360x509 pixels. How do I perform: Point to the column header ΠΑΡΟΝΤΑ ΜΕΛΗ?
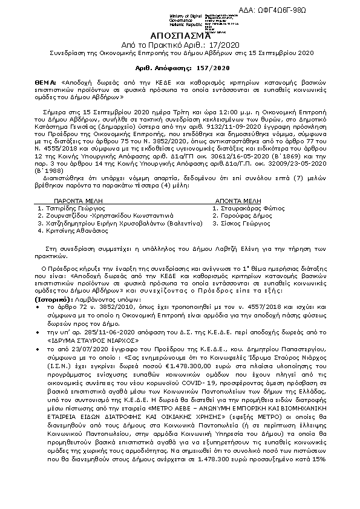coord(76,199)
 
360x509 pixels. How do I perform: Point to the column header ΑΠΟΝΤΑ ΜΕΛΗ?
coord(238,199)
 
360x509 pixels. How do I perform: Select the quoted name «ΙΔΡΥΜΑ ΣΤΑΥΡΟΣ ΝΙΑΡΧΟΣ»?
coord(84,340)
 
